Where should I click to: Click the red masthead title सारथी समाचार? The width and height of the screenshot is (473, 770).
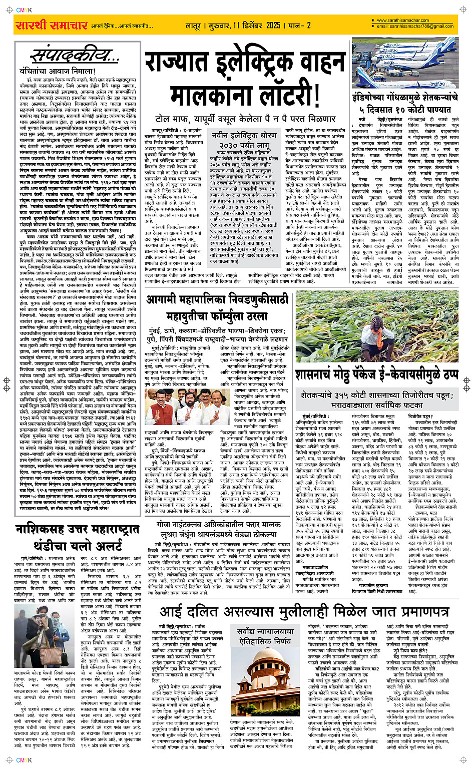pyautogui.click(x=52, y=25)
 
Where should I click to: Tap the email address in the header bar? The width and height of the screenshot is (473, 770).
pyautogui.click(x=415, y=26)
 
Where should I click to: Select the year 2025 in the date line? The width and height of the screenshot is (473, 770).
pyautogui.click(x=273, y=25)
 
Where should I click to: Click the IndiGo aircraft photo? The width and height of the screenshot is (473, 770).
pyautogui.click(x=405, y=62)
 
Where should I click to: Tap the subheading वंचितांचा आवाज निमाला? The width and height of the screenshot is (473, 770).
pyautogui.click(x=57, y=71)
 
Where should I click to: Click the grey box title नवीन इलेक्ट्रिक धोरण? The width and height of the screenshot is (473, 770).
pyautogui.click(x=244, y=136)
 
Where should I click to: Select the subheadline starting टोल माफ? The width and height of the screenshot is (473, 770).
pyautogui.click(x=245, y=119)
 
